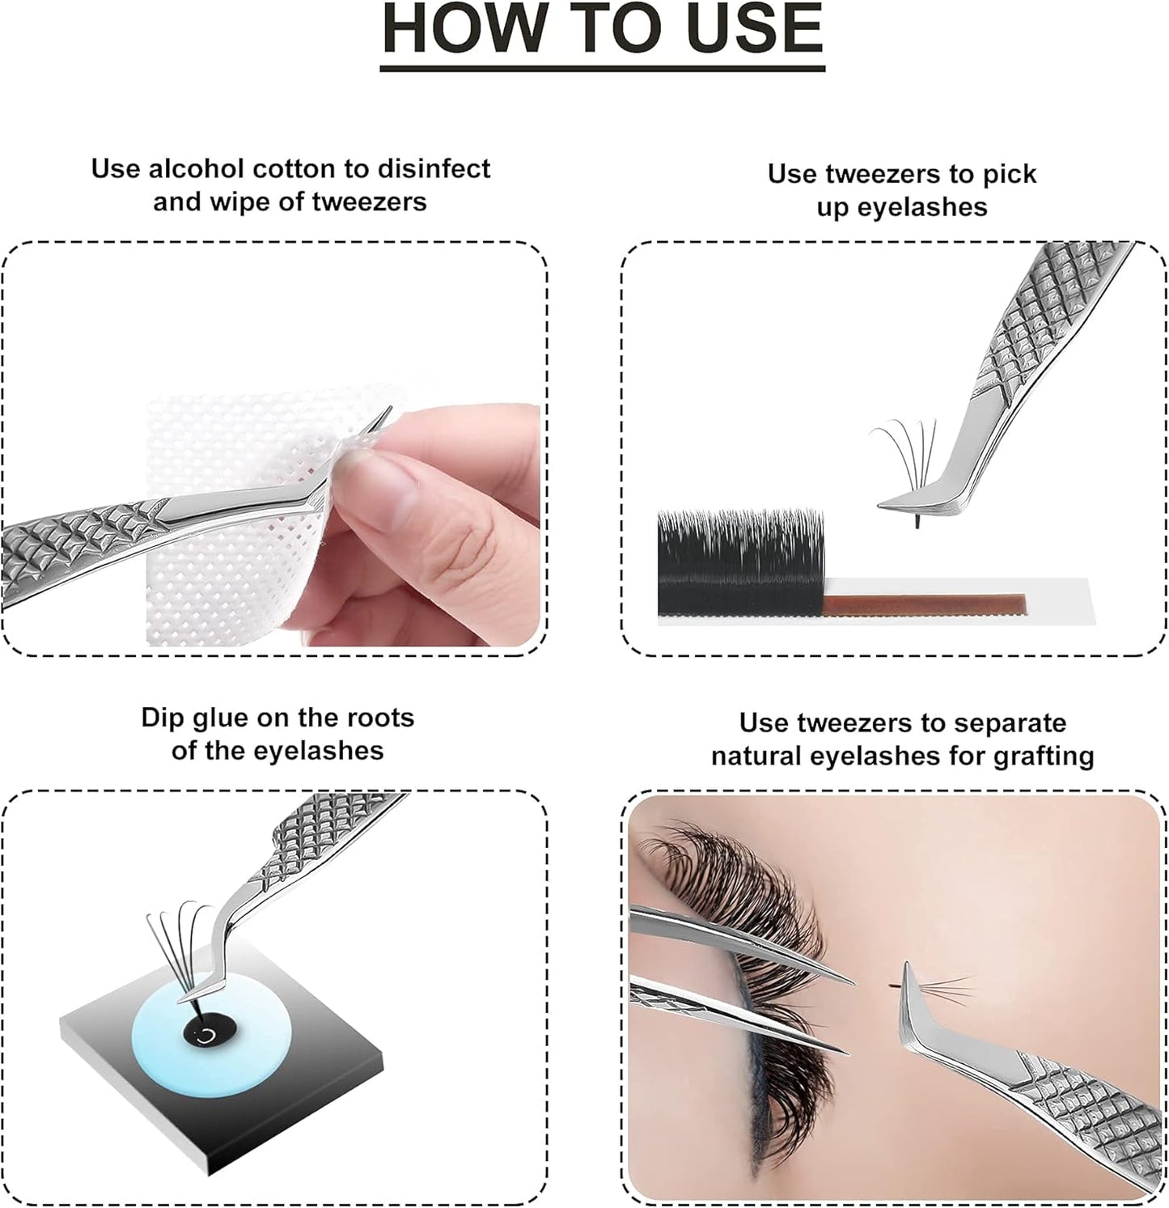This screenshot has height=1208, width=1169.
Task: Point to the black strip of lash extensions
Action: coord(740,562)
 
